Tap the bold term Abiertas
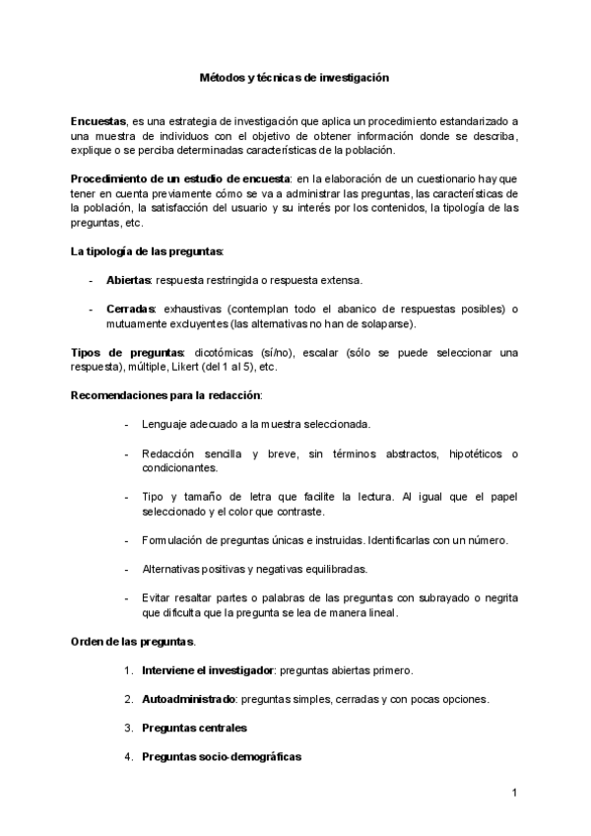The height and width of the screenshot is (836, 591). coord(129,280)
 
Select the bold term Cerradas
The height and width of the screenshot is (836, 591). coord(131,310)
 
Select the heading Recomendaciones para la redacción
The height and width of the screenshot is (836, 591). coord(165,395)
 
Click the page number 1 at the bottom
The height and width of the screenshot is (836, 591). coord(515,793)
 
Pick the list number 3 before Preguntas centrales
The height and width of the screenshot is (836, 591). coord(128,728)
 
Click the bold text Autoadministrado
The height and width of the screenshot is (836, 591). coord(188,699)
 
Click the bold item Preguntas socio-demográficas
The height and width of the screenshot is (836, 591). coord(221,756)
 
